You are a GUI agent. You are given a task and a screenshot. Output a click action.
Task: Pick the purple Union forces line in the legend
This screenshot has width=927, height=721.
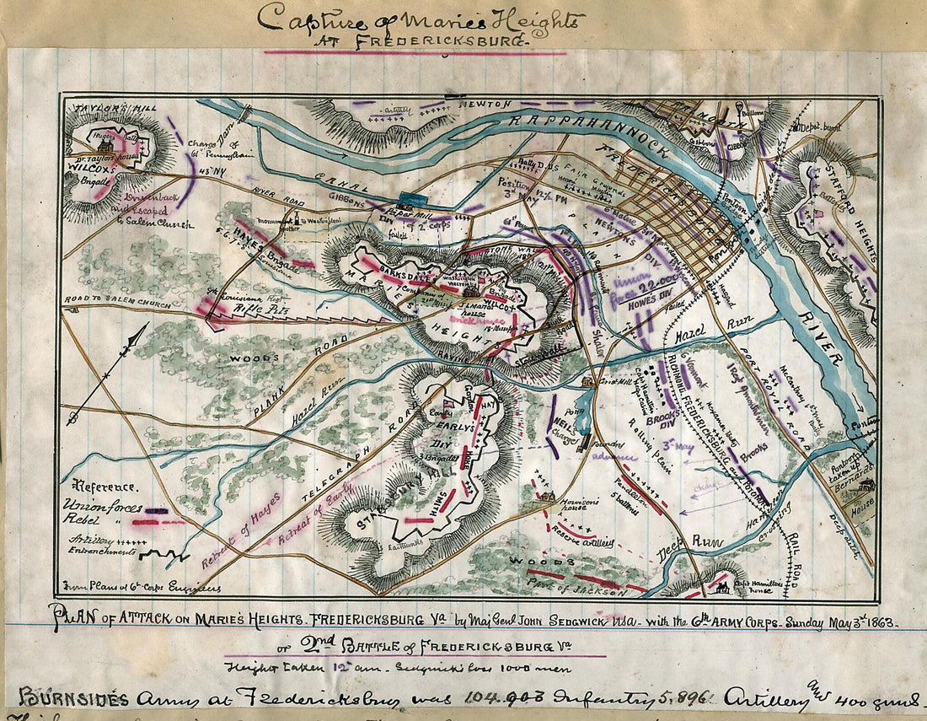(x=156, y=510)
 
